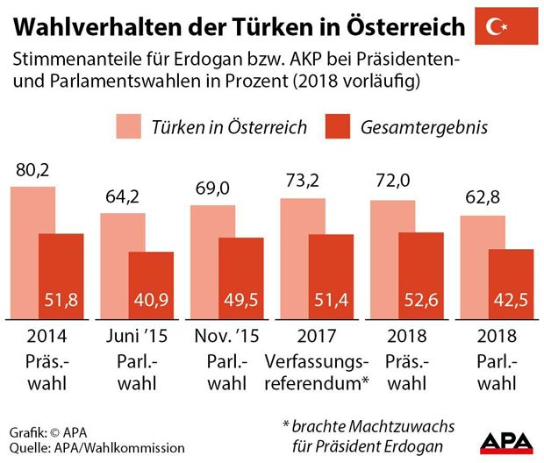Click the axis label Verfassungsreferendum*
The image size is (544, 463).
coord(317,371)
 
